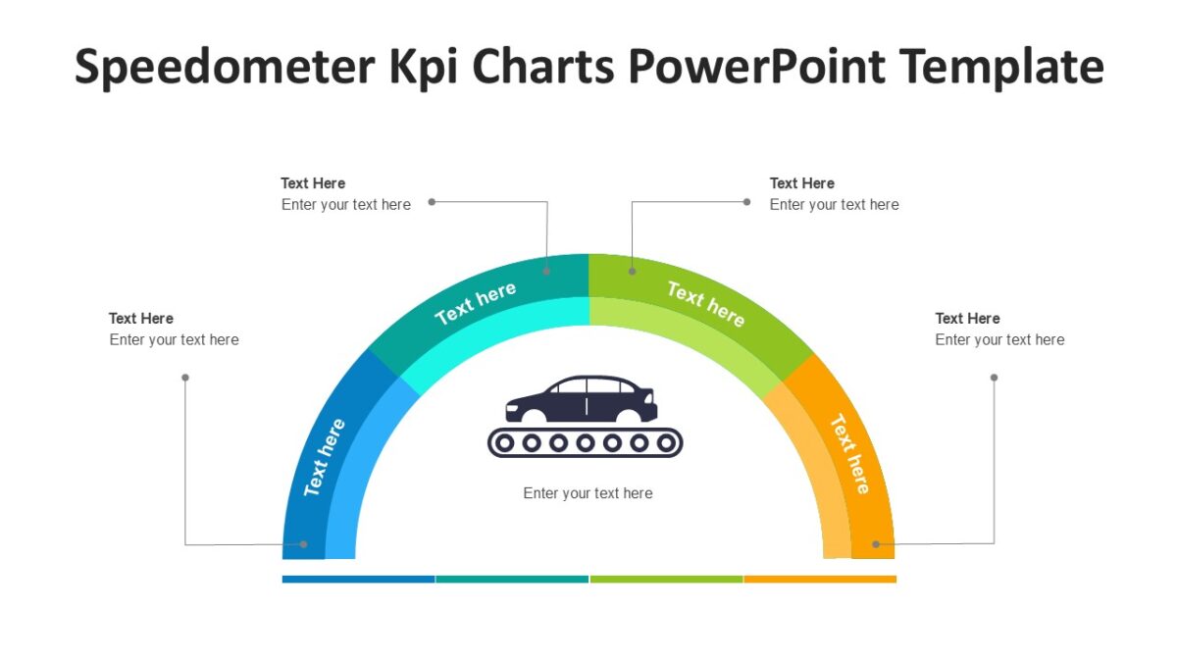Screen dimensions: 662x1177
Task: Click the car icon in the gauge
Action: coord(582,399)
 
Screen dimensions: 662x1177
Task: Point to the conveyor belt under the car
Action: coord(585,443)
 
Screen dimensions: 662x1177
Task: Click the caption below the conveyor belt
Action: coord(588,493)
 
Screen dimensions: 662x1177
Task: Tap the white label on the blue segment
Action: coord(325,457)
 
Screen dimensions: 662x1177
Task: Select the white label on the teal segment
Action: coord(476,303)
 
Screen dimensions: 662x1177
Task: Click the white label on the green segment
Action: coord(705,303)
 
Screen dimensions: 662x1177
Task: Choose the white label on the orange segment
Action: coord(849,454)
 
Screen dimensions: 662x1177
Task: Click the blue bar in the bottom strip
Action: coord(358,580)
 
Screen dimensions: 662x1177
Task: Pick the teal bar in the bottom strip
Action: coord(512,580)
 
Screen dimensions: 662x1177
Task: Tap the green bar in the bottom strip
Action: coord(666,580)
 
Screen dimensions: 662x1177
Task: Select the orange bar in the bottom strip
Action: coord(820,580)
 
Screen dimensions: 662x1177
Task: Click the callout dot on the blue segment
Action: coord(304,544)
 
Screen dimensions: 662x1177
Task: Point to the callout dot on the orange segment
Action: coord(876,543)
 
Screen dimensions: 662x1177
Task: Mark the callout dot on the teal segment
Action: coord(547,271)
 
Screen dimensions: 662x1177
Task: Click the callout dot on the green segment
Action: coord(633,271)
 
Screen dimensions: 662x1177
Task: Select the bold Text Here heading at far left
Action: coord(141,319)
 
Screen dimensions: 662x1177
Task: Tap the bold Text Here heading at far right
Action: coord(967,319)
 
